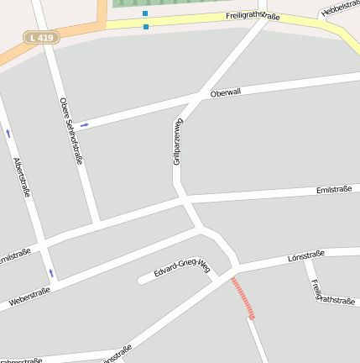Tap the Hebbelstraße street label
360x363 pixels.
[340, 8]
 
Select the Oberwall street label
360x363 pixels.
[226, 92]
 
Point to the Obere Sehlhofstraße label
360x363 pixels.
[71, 129]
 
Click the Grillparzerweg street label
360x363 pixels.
[178, 140]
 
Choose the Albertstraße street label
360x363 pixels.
[22, 176]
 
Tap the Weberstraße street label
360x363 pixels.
[29, 296]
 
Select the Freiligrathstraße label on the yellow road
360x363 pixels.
[253, 16]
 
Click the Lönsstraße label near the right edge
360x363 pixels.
[305, 255]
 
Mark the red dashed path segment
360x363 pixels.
[243, 298]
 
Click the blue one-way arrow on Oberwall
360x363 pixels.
[84, 125]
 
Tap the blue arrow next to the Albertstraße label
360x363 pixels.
[8, 133]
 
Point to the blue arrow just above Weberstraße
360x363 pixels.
[51, 273]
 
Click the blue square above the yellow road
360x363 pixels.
[145, 13]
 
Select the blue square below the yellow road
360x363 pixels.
[146, 27]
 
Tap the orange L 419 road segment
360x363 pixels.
[76, 34]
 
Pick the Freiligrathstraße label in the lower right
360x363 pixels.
[323, 291]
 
